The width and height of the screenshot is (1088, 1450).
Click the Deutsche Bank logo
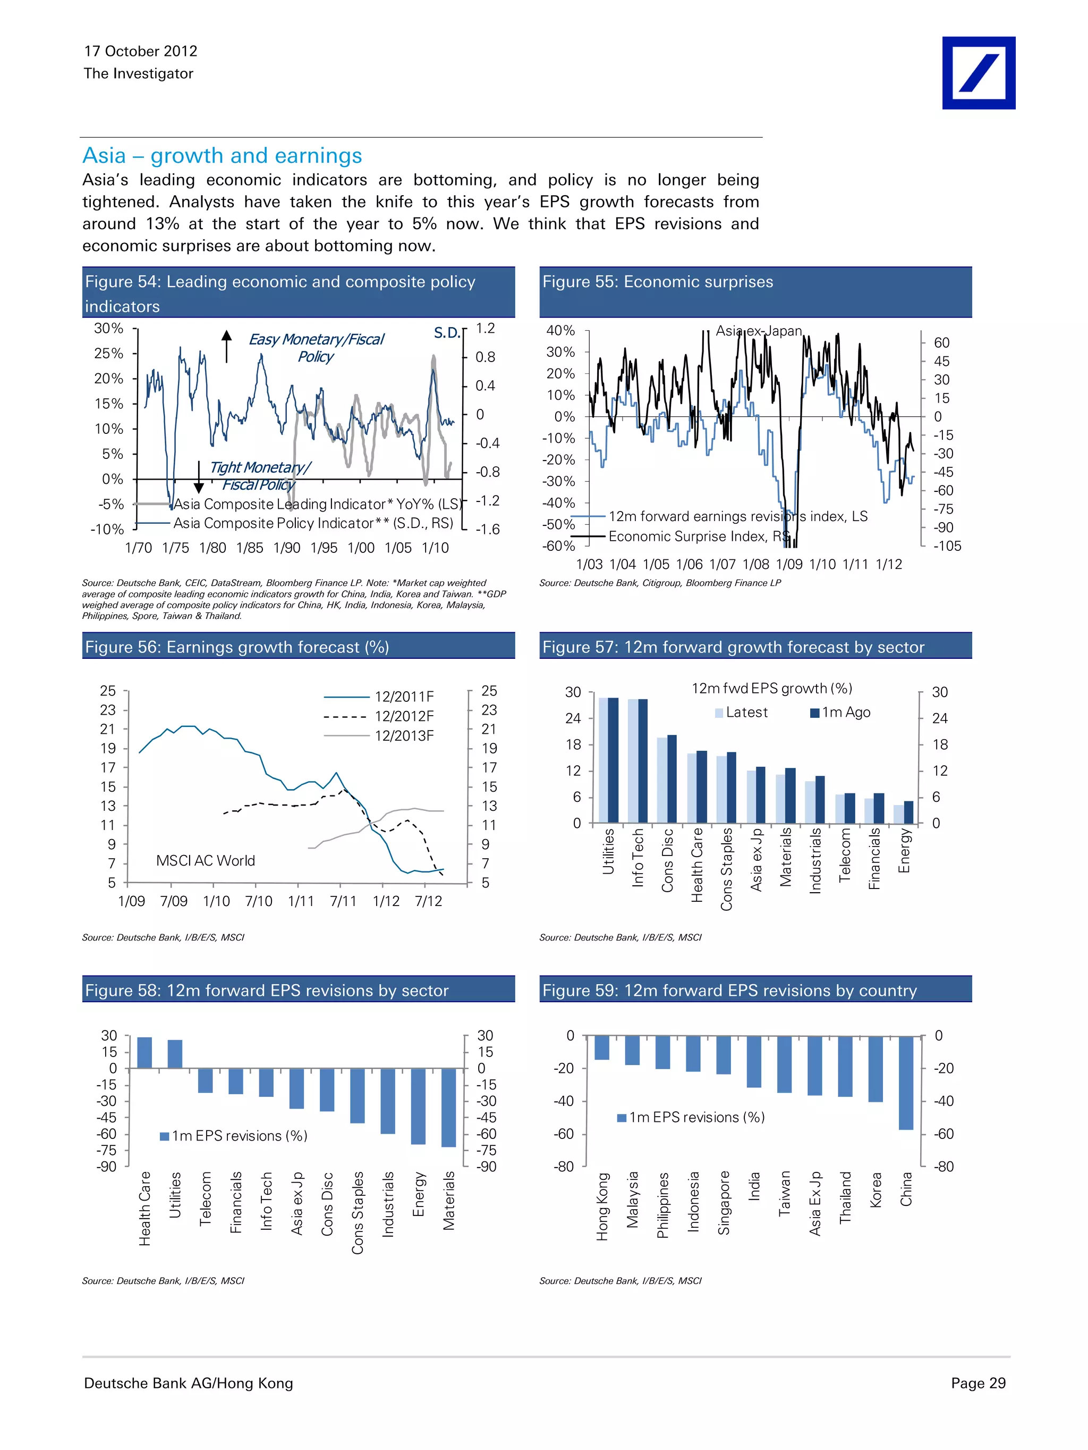coord(978,73)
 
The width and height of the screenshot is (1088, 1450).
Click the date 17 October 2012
coord(140,51)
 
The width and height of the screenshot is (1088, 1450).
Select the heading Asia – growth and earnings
coord(222,155)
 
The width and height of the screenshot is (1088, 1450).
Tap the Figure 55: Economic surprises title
coord(657,282)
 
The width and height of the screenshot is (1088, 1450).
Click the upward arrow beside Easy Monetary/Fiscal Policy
coord(227,346)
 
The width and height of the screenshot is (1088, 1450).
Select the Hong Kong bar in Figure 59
coord(601,1047)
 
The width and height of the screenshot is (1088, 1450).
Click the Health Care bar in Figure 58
coord(144,1052)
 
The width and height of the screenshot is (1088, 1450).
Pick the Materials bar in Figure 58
coord(449,1107)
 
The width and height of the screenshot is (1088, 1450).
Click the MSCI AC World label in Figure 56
coord(205,861)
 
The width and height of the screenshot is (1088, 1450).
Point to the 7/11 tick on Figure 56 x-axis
coord(343,901)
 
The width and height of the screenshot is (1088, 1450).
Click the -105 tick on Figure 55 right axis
coord(947,546)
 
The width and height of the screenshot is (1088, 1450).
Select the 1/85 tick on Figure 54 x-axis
coord(250,548)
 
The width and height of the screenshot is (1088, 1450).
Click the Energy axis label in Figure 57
coord(904,850)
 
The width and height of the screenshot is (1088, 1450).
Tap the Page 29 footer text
coord(977,1383)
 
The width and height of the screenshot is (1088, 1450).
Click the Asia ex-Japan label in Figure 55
coord(758,331)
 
